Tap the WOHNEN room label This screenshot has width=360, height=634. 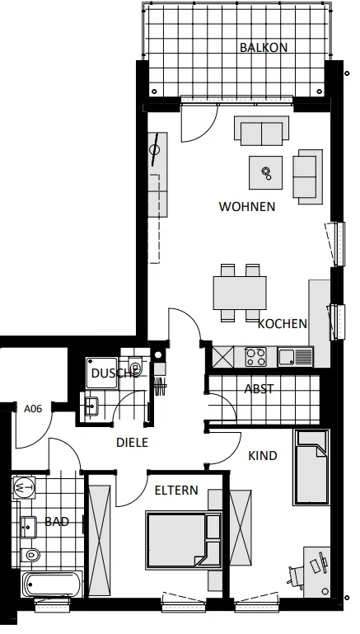tap(247, 207)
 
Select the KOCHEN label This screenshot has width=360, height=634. tap(283, 324)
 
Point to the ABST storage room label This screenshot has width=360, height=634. tap(259, 389)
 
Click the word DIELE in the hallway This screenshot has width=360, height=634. tap(132, 443)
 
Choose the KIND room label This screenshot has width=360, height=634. tap(263, 456)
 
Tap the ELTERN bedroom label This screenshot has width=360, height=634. tap(176, 491)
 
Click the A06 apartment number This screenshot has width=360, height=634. tap(33, 409)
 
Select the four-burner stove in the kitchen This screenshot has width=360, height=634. tap(256, 357)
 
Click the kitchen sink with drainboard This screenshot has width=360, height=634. tap(296, 357)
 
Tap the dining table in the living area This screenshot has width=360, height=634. tap(240, 293)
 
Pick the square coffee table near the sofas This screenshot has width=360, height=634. tap(265, 172)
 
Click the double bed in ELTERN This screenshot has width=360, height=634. tap(184, 541)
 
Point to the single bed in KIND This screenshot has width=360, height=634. tap(312, 467)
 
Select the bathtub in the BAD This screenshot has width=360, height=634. tap(53, 584)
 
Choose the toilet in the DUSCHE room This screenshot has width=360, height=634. tap(134, 367)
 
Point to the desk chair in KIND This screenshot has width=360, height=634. tap(297, 575)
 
